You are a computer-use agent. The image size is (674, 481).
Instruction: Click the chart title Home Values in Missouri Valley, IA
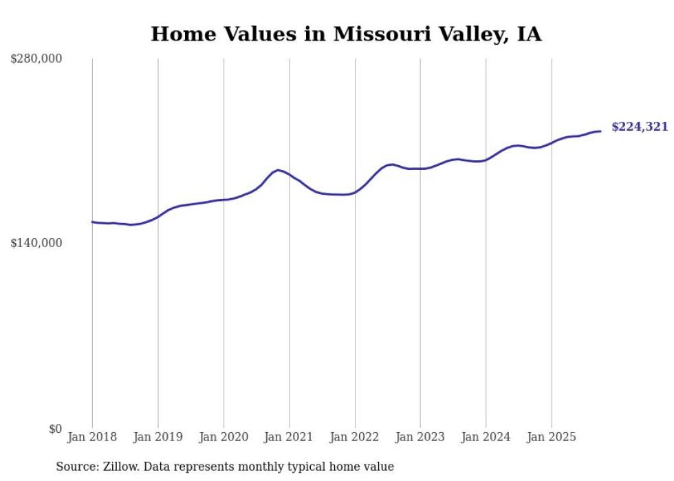tap(346, 34)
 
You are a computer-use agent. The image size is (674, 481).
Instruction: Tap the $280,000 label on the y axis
tap(36, 59)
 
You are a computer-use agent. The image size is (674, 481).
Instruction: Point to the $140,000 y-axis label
tap(36, 243)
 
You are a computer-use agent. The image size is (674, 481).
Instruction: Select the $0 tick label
tap(55, 429)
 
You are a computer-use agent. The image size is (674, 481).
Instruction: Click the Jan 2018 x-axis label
tap(92, 436)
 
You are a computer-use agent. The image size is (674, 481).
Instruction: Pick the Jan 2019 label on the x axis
tap(158, 436)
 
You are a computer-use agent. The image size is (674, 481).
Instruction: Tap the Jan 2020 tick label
tap(224, 436)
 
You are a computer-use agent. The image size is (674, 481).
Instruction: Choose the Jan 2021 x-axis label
tap(289, 436)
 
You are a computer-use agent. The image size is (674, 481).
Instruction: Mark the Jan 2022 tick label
tap(355, 436)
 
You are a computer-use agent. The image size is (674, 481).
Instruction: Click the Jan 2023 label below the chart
tap(420, 436)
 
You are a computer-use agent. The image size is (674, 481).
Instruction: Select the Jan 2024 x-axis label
tap(486, 436)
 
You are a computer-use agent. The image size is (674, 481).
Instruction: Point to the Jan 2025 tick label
tap(551, 436)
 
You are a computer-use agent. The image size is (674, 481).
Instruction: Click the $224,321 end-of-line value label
tap(639, 127)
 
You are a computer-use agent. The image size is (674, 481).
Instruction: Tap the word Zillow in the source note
tap(116, 467)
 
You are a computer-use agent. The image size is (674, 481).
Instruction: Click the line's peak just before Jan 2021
tap(278, 169)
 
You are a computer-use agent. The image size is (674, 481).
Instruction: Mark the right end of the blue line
tap(600, 131)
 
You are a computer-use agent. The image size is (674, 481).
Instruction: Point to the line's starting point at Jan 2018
tap(92, 222)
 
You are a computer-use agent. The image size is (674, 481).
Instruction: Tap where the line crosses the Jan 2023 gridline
tap(420, 169)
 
